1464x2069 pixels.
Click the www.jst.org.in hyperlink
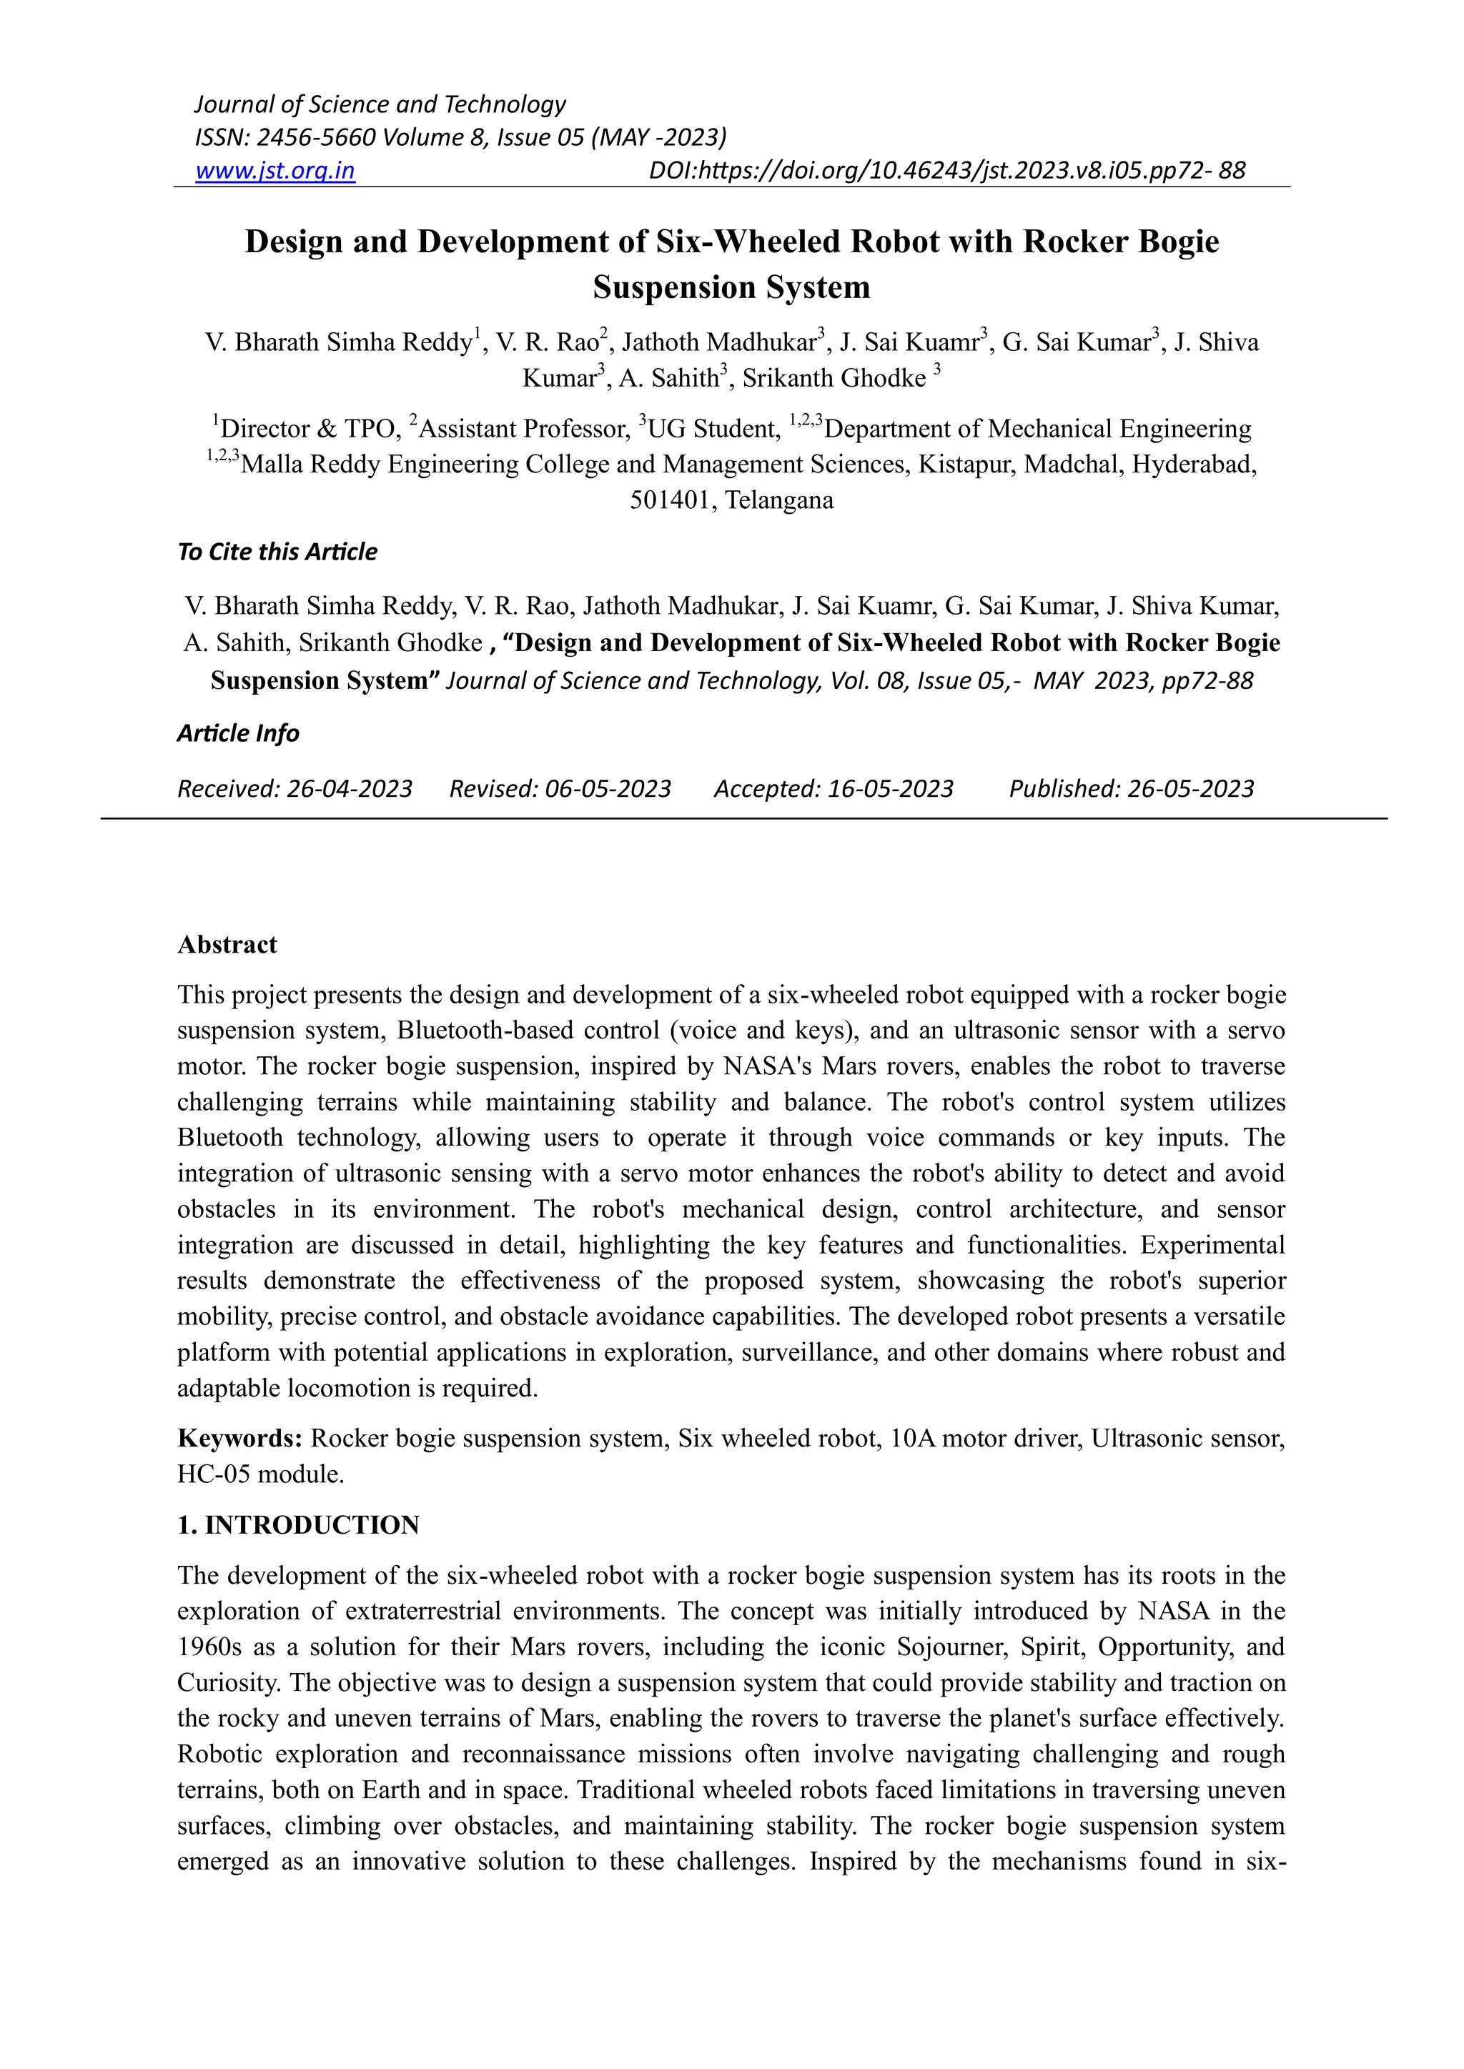(x=275, y=170)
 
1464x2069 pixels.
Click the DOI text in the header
(x=946, y=170)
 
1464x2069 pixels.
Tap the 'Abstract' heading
(x=227, y=944)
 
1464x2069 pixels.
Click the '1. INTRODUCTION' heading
(x=298, y=1524)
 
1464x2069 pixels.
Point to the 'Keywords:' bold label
(x=239, y=1438)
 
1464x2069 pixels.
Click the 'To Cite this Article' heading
(x=277, y=552)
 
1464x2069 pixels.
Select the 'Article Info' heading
(x=238, y=733)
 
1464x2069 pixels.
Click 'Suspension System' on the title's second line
(x=731, y=287)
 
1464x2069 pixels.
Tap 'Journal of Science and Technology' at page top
(x=380, y=104)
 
